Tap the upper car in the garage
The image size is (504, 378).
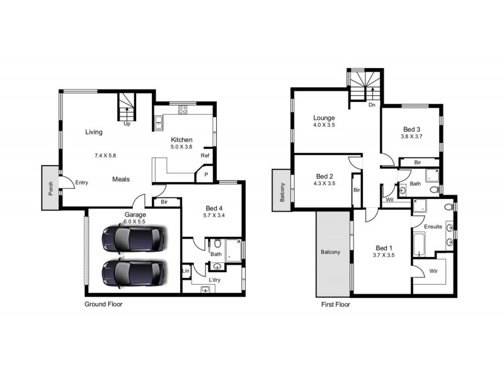134,239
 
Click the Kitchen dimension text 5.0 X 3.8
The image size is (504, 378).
181,147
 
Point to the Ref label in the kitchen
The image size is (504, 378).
205,156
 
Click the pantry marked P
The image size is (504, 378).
205,175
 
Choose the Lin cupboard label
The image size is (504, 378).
186,271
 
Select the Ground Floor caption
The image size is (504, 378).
103,304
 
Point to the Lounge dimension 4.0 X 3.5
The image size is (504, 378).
325,125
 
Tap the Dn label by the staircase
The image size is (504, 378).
372,105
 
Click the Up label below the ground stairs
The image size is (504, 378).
127,124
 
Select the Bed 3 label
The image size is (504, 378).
412,129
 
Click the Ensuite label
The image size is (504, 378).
433,226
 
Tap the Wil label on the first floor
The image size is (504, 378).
389,200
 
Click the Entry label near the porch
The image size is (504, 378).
82,183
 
